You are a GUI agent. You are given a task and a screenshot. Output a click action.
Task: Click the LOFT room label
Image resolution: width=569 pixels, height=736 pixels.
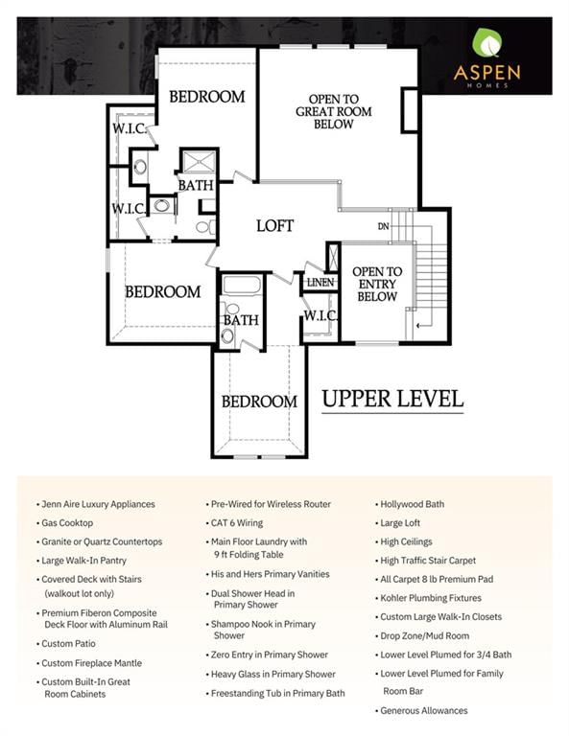coord(274,226)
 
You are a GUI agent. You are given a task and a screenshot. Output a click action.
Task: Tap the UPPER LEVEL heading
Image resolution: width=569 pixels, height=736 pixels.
coord(392,399)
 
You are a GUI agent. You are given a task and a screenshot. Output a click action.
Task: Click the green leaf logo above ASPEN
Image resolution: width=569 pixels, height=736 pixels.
coord(486,43)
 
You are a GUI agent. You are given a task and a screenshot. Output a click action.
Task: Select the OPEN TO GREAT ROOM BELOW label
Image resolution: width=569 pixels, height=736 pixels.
coord(334,112)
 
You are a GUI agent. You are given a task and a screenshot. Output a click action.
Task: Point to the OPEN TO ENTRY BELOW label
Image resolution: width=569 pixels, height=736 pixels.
coord(377,284)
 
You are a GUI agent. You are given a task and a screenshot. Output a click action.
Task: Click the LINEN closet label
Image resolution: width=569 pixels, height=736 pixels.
coord(320,283)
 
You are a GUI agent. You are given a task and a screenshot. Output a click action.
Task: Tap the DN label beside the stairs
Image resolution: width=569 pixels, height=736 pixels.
coord(384,226)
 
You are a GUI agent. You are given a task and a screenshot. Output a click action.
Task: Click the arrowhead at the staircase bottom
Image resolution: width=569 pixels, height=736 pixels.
coord(418,325)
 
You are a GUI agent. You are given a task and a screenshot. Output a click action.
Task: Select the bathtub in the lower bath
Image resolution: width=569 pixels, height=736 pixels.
coord(242,285)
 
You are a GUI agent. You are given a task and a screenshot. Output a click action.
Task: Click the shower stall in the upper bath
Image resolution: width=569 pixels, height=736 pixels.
coord(199,161)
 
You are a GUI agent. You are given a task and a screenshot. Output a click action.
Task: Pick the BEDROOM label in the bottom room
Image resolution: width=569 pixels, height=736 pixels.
coord(259,402)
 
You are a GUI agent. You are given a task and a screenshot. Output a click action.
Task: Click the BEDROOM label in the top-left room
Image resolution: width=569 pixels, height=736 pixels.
coord(207,97)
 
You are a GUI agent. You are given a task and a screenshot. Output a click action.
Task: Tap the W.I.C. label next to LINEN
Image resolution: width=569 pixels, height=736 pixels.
coord(320,315)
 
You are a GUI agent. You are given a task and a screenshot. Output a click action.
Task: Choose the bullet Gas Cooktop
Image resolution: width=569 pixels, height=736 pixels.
coord(65,523)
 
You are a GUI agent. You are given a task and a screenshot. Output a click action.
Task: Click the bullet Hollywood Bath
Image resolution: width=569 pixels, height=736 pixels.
coord(410,504)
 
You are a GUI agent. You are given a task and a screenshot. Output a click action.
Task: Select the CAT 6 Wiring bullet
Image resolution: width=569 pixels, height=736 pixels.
coord(234,523)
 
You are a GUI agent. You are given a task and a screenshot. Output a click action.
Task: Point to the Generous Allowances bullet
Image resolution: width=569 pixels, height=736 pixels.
coord(421,711)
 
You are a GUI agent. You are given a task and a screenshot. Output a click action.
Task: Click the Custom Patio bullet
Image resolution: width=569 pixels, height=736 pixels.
coord(66,644)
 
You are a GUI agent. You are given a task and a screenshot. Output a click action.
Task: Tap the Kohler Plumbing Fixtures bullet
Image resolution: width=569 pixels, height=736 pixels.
coord(428,598)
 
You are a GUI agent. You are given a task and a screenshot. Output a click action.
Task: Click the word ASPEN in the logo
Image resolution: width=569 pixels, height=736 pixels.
coord(487,73)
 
